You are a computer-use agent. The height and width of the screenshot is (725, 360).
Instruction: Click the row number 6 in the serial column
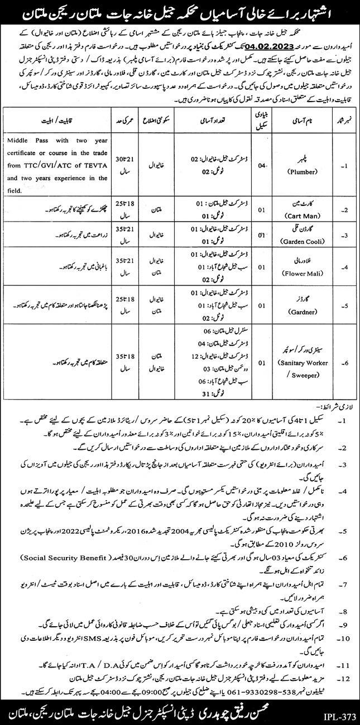tap(344, 362)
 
